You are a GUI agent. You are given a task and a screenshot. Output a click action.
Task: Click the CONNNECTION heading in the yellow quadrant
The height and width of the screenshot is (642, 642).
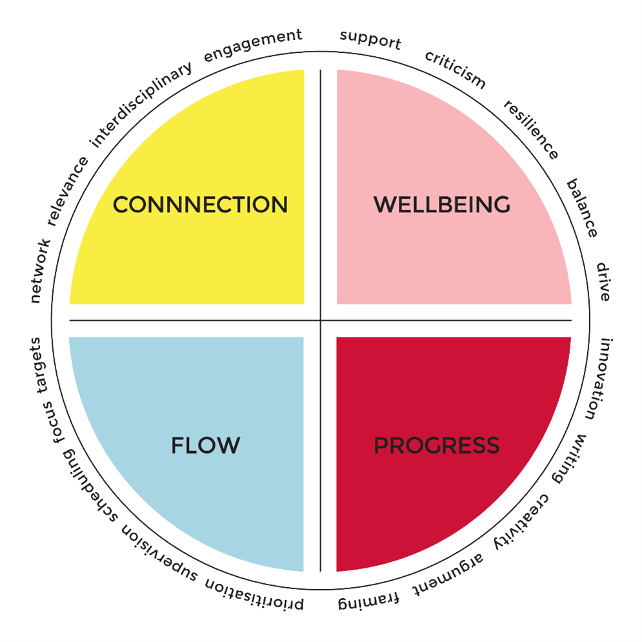(x=200, y=205)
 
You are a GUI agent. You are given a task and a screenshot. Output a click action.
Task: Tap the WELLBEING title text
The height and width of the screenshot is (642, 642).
(x=442, y=205)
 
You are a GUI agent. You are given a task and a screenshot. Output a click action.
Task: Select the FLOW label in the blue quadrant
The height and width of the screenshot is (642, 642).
(x=206, y=445)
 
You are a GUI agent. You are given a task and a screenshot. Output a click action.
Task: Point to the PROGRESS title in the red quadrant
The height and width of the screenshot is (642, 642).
(x=437, y=445)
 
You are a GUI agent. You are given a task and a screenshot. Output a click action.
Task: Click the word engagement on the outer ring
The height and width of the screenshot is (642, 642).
(x=253, y=45)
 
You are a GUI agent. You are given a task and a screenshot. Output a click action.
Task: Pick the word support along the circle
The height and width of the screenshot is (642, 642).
(x=370, y=40)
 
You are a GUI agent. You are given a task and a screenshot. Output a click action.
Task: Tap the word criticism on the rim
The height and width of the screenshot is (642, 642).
(x=456, y=69)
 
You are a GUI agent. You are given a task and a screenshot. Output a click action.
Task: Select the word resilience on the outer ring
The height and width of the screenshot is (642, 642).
(x=531, y=130)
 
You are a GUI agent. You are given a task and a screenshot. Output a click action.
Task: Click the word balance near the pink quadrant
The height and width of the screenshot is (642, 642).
(x=582, y=208)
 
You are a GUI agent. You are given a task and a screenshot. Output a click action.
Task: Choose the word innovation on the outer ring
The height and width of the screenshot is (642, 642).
(x=599, y=379)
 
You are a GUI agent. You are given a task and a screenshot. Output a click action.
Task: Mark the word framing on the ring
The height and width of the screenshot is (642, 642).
(x=368, y=601)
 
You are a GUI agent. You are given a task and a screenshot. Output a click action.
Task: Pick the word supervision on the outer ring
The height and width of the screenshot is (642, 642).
(x=159, y=552)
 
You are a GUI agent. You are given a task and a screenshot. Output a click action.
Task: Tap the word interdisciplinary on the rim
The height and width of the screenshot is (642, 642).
(x=141, y=105)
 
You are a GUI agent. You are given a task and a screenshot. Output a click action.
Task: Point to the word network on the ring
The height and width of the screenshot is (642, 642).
(x=41, y=271)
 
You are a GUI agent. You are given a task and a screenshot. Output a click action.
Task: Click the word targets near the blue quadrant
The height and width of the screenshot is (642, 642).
(x=39, y=365)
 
